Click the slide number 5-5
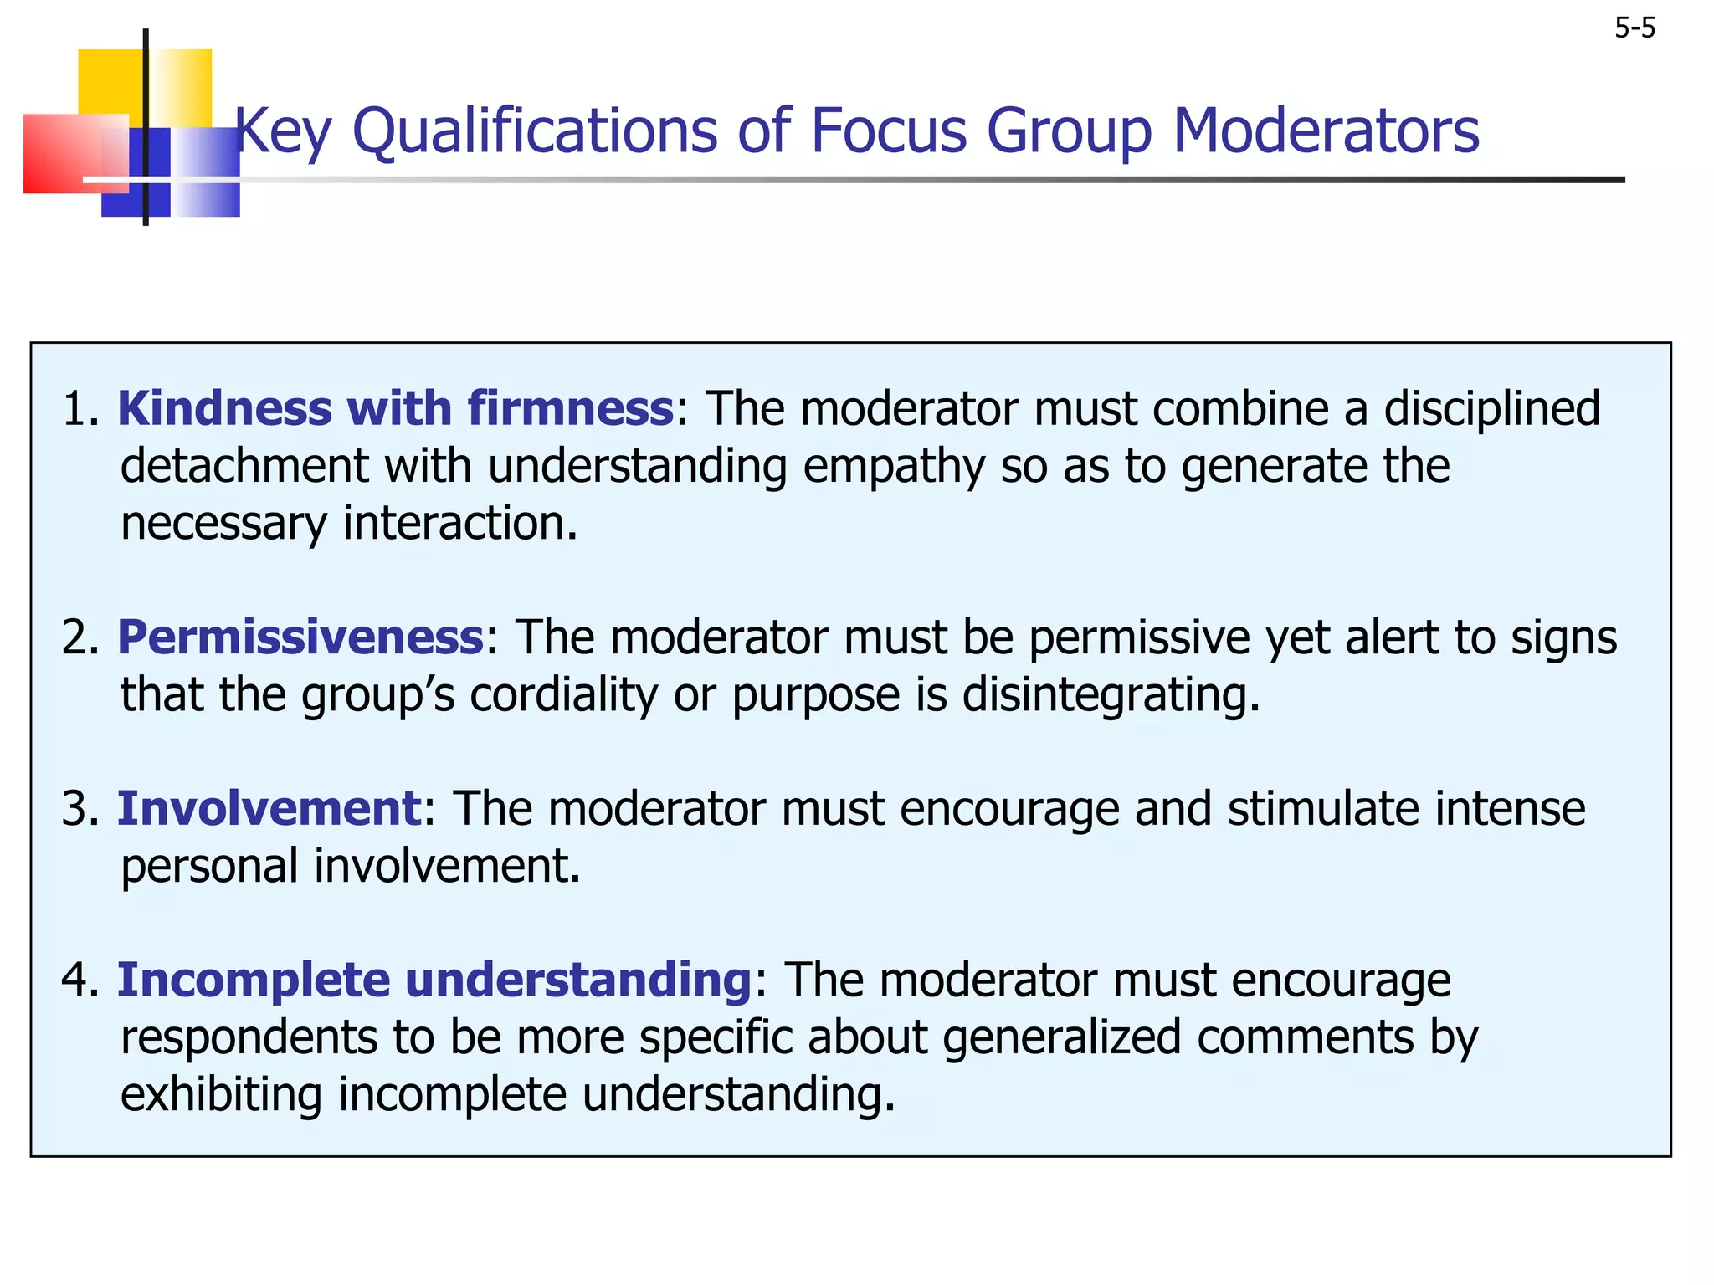click(1634, 29)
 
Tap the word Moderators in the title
click(1326, 131)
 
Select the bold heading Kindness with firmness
click(395, 409)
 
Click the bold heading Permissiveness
click(300, 637)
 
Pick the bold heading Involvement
click(269, 809)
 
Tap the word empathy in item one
click(893, 467)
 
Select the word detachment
click(244, 466)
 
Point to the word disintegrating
click(1111, 695)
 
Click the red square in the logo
click(67, 153)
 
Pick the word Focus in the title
click(889, 131)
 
